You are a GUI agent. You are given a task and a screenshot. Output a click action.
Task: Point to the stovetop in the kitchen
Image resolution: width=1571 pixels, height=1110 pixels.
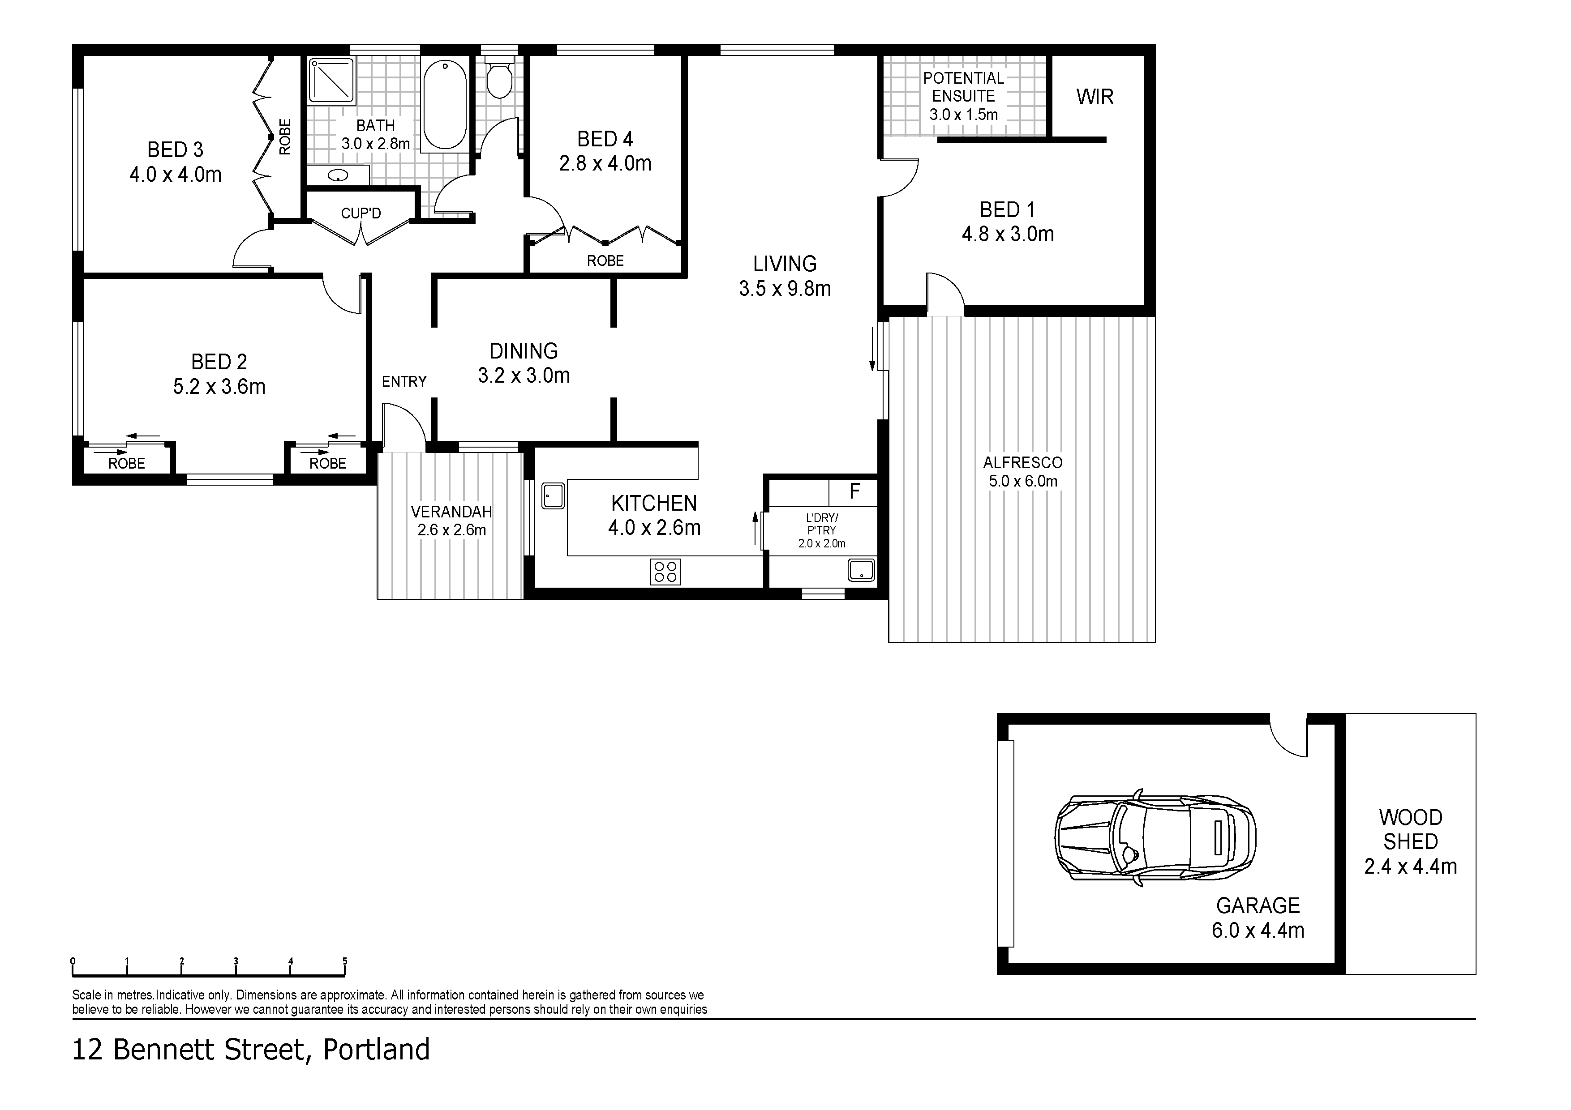coord(665,572)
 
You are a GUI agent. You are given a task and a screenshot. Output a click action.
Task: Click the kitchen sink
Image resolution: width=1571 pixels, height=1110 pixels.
coord(553,496)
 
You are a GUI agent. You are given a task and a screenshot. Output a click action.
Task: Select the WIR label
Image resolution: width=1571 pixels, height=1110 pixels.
coord(1095,97)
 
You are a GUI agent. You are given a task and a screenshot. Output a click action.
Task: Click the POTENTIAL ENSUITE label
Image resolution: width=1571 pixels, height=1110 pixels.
coord(963,87)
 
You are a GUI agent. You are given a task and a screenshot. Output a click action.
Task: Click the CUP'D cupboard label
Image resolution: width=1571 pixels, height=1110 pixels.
coord(361,213)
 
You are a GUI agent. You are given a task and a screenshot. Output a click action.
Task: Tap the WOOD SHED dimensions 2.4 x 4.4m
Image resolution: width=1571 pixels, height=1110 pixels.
coord(1410,867)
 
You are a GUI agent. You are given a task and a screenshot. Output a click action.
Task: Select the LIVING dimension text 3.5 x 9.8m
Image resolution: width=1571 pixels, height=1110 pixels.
coord(785,289)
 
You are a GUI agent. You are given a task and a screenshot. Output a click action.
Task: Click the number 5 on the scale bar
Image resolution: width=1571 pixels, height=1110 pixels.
coord(345,961)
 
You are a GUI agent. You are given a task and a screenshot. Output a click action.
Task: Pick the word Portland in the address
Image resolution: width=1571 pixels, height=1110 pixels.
coord(376,1049)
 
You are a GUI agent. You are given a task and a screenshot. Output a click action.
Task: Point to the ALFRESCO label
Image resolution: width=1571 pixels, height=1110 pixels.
coord(1022,463)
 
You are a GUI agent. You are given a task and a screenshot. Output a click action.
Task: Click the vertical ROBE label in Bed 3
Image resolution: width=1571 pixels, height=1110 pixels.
coord(285,137)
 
